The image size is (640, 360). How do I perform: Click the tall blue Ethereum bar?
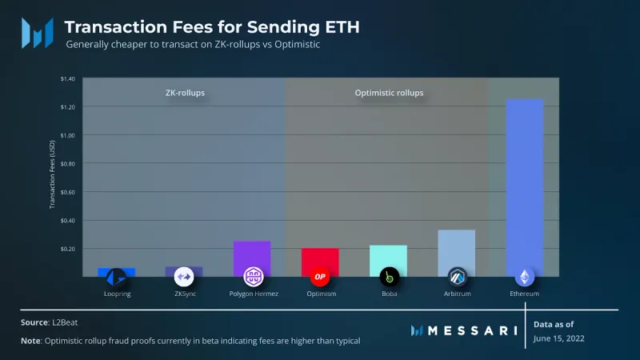[x=525, y=184]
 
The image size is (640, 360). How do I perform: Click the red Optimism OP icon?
[x=320, y=278]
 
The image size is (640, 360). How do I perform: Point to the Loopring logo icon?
[x=117, y=278]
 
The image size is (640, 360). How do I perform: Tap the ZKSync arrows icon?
[x=184, y=278]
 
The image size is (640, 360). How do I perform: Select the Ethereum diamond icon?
[x=525, y=278]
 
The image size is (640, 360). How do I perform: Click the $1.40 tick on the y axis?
[x=67, y=78]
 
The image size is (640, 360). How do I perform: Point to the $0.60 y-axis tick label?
[x=67, y=192]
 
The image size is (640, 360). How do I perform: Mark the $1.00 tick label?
[x=67, y=135]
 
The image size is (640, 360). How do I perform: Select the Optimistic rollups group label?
[x=389, y=93]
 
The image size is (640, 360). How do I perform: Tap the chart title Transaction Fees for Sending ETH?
[x=212, y=26]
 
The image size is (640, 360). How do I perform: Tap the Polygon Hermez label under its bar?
[x=252, y=294]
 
